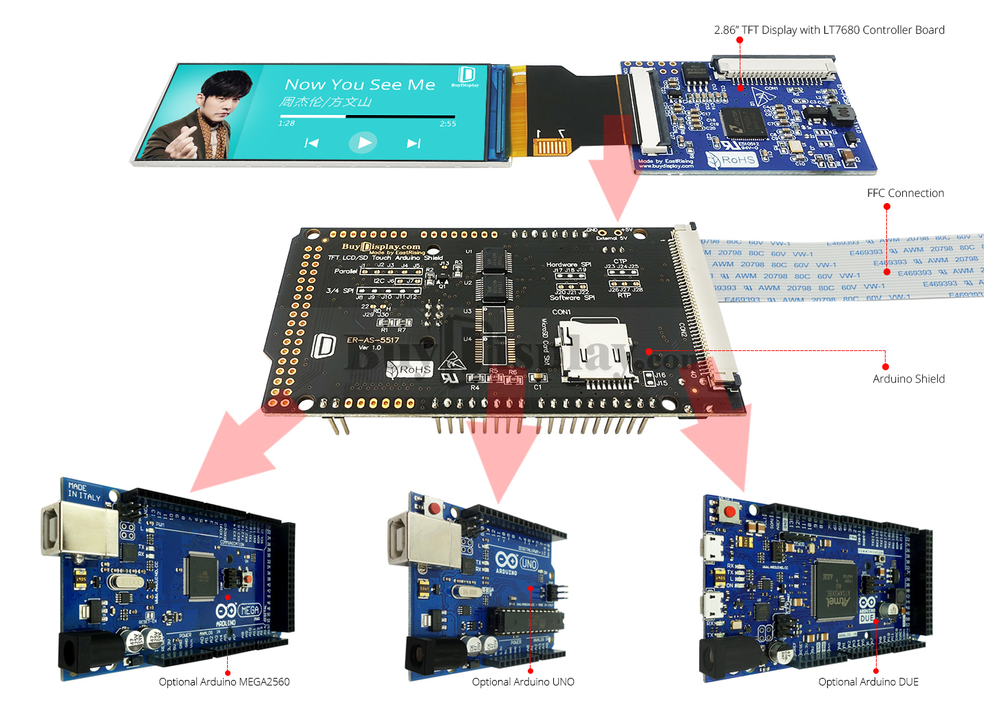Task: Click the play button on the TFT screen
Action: [363, 142]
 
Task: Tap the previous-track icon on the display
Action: [312, 143]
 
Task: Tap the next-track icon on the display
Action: [413, 143]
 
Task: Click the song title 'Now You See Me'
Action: [360, 85]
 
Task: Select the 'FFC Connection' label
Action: [905, 193]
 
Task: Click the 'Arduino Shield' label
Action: [908, 379]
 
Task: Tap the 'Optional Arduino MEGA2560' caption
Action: [224, 682]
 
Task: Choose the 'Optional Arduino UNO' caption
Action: [523, 682]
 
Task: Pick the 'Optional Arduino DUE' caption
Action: [868, 682]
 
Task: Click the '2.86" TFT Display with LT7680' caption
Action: [828, 30]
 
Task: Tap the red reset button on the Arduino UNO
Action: [434, 509]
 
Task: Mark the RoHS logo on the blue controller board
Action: [732, 160]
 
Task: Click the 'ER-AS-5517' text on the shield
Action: [372, 340]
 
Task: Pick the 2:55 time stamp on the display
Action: [448, 124]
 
